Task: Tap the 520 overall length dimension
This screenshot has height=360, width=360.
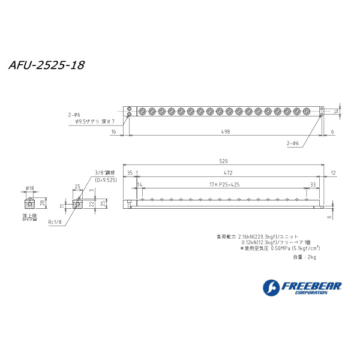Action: tap(223, 161)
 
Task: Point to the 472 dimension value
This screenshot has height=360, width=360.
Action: tap(228, 172)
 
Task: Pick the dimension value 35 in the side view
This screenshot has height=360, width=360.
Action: tap(130, 172)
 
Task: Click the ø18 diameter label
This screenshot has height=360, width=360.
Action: tap(29, 188)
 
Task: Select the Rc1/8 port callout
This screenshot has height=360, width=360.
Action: tap(55, 221)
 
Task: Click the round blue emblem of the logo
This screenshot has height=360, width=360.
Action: tap(270, 287)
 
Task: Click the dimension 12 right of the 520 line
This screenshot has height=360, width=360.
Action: tap(333, 172)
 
